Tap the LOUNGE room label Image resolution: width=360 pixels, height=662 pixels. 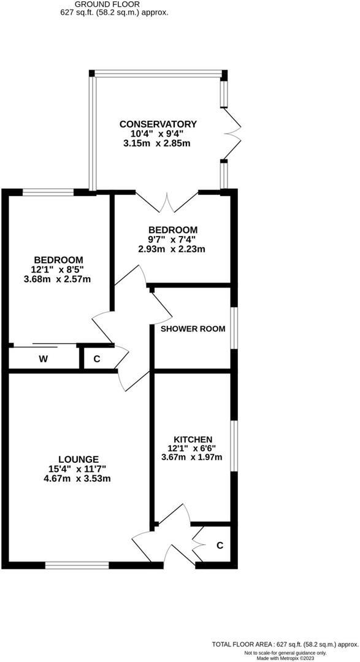click(x=79, y=458)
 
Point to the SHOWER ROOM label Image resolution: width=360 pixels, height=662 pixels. click(x=193, y=329)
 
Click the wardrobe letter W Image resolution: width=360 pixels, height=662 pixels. click(x=44, y=359)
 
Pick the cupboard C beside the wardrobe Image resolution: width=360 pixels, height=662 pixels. click(x=96, y=359)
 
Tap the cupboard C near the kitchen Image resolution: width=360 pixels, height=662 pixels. click(x=220, y=545)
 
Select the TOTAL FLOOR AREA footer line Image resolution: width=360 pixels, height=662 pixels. click(x=285, y=644)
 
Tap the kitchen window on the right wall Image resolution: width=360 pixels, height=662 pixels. click(x=234, y=446)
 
